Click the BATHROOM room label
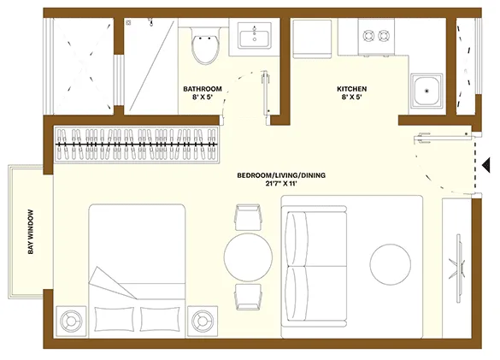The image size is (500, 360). tap(203, 89)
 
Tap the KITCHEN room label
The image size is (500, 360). tap(352, 89)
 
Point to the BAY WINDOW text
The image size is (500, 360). tap(31, 232)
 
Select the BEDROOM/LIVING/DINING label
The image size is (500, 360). tap(281, 175)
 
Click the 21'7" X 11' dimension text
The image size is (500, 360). tap(281, 184)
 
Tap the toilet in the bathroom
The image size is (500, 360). tap(206, 45)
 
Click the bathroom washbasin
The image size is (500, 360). tap(255, 35)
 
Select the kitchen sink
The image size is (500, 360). tap(426, 91)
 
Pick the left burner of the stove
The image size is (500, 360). tap(368, 35)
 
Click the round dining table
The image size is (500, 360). tap(248, 257)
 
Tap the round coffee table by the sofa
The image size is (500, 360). tap(391, 263)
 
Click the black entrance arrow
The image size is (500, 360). tap(485, 165)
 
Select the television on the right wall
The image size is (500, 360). tap(459, 269)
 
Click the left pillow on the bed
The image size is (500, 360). tap(114, 319)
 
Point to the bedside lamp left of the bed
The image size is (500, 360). tap(71, 321)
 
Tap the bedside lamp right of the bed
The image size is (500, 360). tap(203, 321)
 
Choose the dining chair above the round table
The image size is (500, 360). tap(248, 217)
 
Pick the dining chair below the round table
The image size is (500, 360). tap(248, 297)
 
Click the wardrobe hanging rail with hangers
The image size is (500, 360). tap(137, 145)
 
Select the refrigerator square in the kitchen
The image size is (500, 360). tap(312, 38)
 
